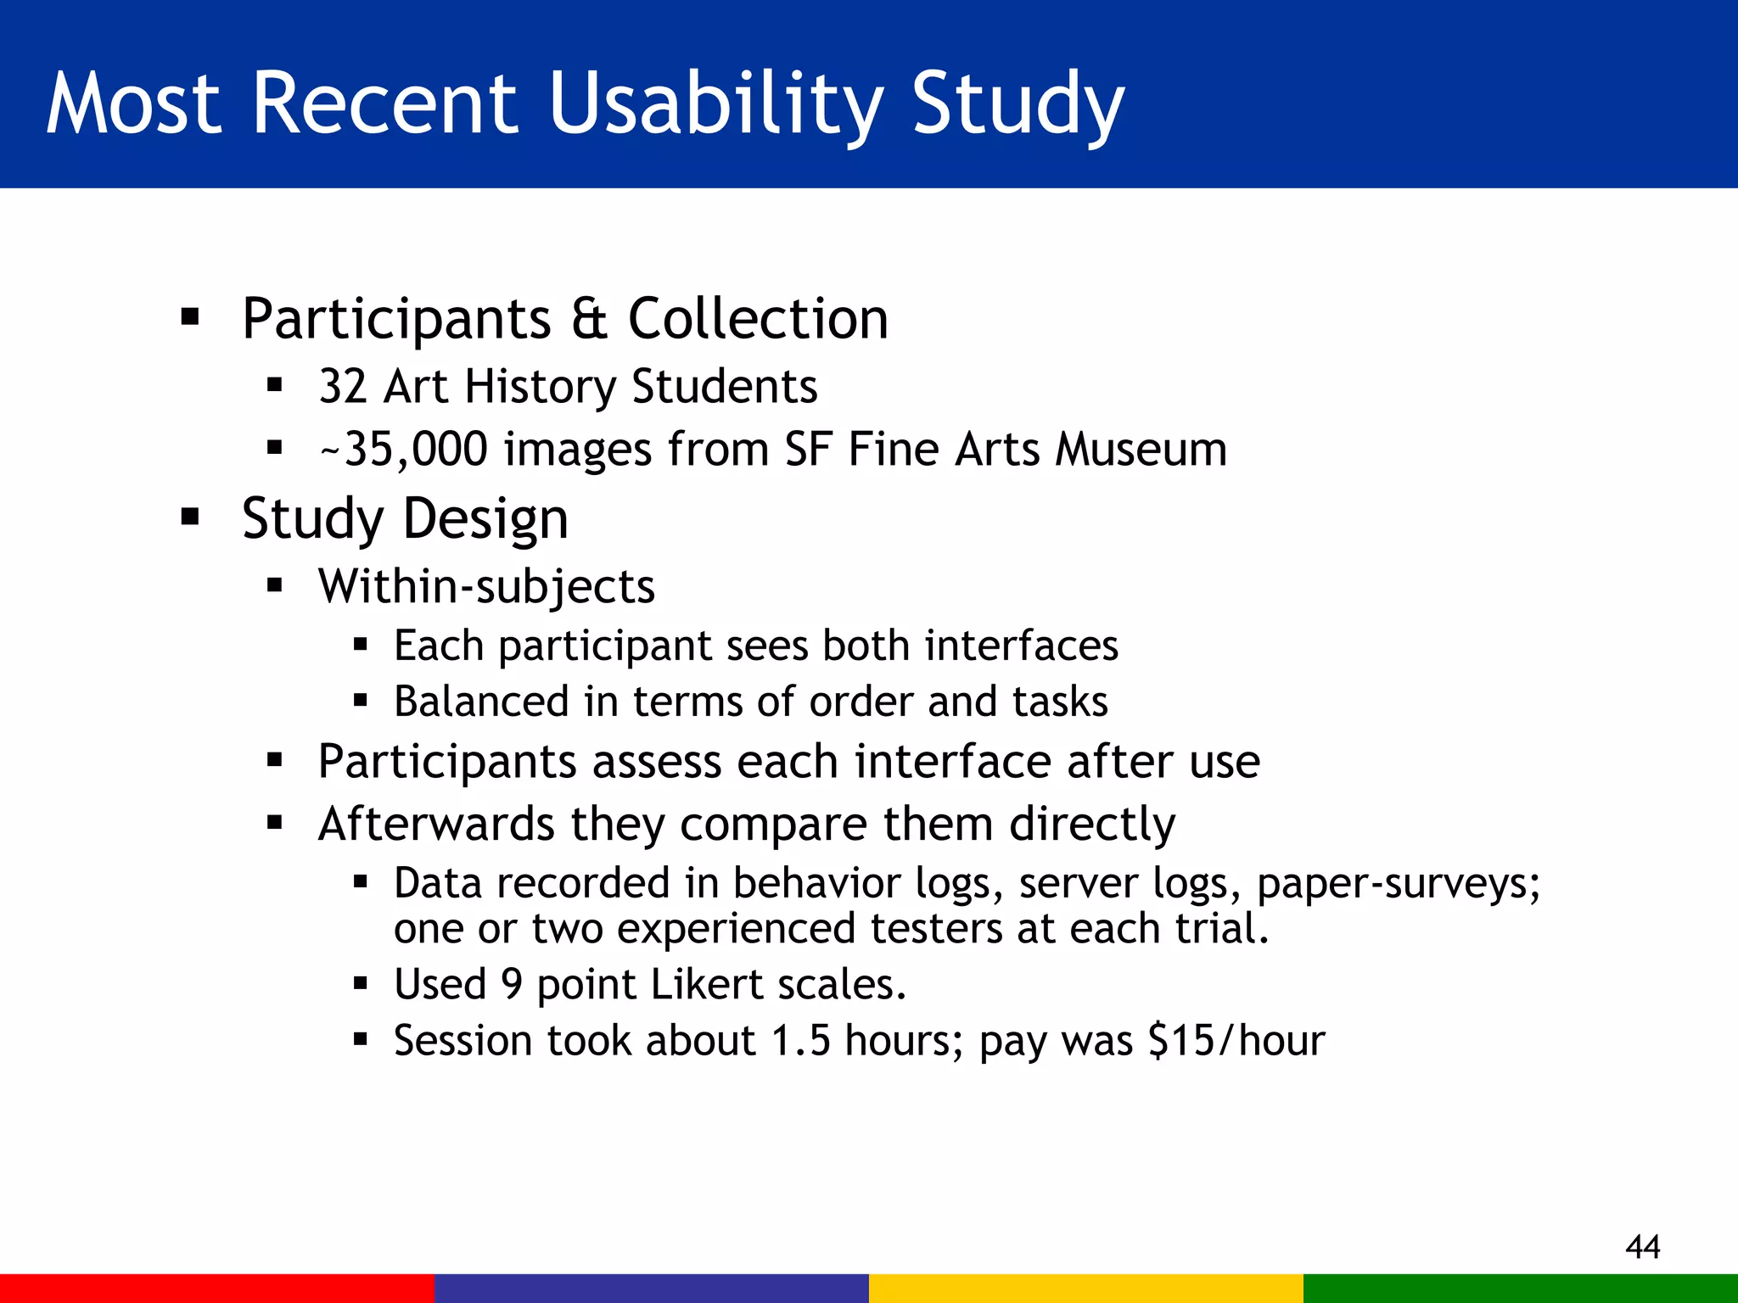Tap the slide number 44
point(1643,1246)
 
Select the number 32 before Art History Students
point(342,387)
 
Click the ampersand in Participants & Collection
point(589,319)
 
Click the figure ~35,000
point(404,450)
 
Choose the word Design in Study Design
point(485,518)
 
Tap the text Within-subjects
point(486,586)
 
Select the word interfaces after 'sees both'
point(1022,646)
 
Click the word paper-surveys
point(1398,884)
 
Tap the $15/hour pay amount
point(1236,1041)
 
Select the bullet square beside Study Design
point(190,517)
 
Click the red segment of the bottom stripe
point(217,1288)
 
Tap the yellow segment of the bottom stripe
point(1086,1288)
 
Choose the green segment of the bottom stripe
point(1521,1288)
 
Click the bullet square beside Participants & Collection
point(190,318)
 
